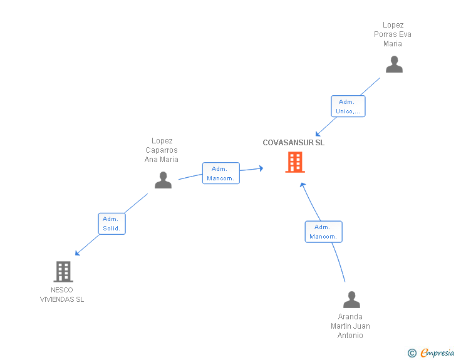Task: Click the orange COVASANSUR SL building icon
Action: pos(295,162)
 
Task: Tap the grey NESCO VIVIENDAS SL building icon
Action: pos(63,272)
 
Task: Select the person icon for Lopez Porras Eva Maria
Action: pos(394,64)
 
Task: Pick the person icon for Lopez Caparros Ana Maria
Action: pos(163,180)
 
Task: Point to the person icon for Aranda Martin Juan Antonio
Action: pos(351,300)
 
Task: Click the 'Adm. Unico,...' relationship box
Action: pos(348,106)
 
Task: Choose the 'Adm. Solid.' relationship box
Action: pos(112,224)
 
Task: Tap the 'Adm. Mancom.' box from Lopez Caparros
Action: pos(220,173)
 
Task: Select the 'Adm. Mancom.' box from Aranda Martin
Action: pos(323,232)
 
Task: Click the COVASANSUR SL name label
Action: pos(293,143)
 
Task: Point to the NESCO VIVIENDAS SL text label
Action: pos(62,295)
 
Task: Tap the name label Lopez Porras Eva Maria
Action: pos(393,34)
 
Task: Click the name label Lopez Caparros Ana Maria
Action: pos(162,150)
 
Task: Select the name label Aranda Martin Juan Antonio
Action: pos(350,326)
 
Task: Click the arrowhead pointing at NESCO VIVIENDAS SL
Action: pos(78,253)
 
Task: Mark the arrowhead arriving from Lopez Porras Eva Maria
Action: pos(318,133)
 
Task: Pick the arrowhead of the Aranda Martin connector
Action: pos(302,185)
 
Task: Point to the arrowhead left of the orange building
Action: pos(260,168)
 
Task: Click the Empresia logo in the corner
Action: pos(437,353)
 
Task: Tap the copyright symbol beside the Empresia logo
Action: pos(412,354)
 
